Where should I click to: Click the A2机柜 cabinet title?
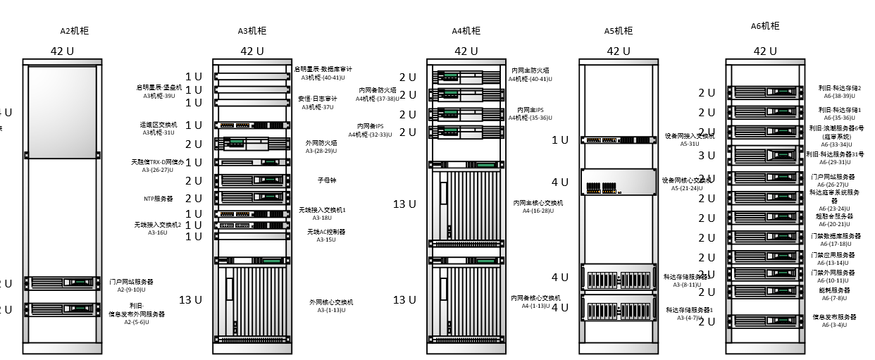coord(75,31)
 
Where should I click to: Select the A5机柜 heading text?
coord(619,31)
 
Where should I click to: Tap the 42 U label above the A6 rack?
coord(765,51)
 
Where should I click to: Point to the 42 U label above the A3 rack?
coord(252,51)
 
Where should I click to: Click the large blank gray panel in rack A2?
coord(62,112)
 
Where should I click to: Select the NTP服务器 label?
coord(159,199)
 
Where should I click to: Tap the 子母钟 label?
coord(326,180)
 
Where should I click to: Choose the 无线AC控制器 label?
coord(326,235)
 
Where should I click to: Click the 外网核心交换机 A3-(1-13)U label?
coord(331,306)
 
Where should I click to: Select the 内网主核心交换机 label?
coord(538,206)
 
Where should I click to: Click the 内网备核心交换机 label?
coord(535,302)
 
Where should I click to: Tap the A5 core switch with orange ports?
coord(619,182)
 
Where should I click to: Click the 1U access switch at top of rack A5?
coord(619,140)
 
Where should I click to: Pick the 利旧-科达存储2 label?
coord(840,92)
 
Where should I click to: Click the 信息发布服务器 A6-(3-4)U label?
coord(835,321)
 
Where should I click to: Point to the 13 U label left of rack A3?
coord(190,299)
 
